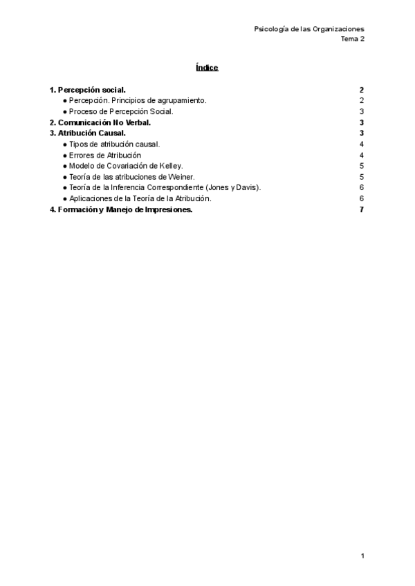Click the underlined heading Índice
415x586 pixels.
(x=207, y=68)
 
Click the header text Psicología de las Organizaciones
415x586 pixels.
(x=309, y=29)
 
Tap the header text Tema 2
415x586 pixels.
(x=352, y=39)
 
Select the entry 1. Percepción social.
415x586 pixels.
(x=87, y=90)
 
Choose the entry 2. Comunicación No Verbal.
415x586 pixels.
(x=100, y=122)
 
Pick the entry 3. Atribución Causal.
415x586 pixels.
(x=87, y=133)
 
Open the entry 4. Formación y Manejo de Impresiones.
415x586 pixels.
(x=121, y=210)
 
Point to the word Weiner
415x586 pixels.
(x=181, y=177)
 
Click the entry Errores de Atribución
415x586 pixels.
(x=105, y=155)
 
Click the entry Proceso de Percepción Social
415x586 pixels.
(x=121, y=111)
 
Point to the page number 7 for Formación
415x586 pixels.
(x=361, y=210)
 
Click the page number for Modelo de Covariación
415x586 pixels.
(x=361, y=166)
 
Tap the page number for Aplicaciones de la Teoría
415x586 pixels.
(x=361, y=198)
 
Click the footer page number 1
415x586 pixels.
(x=362, y=556)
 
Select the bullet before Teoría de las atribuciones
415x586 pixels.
(x=65, y=177)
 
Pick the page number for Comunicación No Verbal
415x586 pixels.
(x=361, y=122)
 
